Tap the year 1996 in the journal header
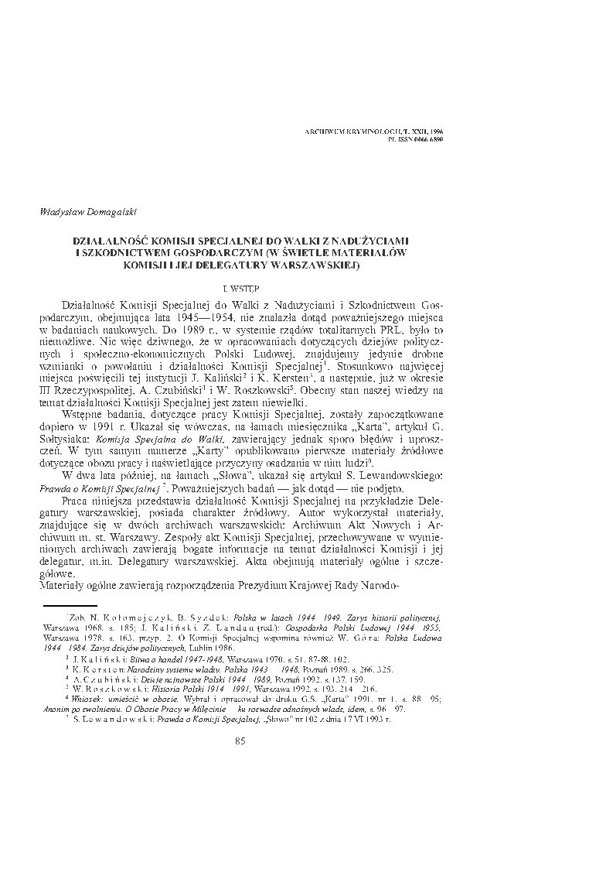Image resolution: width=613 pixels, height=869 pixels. click(x=434, y=133)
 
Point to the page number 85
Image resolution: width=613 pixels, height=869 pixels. click(x=239, y=742)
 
